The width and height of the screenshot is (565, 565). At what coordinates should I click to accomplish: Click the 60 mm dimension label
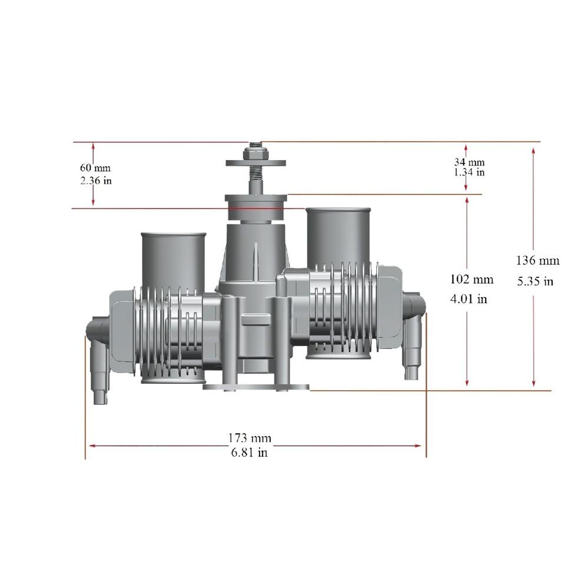pyautogui.click(x=95, y=168)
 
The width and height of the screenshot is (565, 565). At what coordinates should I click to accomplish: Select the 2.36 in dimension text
pyautogui.click(x=96, y=180)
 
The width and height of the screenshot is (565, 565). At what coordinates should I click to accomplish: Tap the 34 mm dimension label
pyautogui.click(x=469, y=162)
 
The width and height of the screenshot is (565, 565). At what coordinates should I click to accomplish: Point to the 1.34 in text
pyautogui.click(x=469, y=172)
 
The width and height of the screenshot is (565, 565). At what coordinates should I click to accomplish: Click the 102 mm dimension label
pyautogui.click(x=471, y=279)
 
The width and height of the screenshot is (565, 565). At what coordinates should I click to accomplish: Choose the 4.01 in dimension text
pyautogui.click(x=469, y=299)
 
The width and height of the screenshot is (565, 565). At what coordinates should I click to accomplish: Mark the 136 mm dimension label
pyautogui.click(x=537, y=260)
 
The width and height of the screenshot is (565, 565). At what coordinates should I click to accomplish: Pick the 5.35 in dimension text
pyautogui.click(x=535, y=281)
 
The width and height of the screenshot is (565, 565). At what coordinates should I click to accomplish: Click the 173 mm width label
pyautogui.click(x=250, y=438)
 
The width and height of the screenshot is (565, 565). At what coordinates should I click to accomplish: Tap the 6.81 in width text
pyautogui.click(x=250, y=452)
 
